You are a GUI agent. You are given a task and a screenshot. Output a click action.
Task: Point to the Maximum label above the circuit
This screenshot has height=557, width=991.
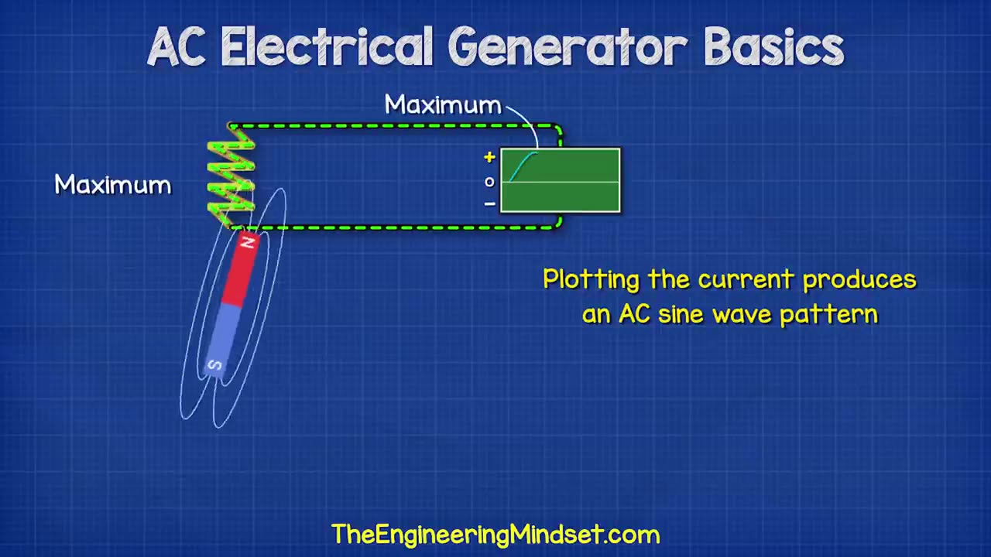[443, 105]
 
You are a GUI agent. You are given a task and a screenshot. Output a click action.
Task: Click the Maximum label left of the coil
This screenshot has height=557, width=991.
[113, 185]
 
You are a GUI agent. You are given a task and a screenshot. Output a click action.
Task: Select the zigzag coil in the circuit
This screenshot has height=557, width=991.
[231, 176]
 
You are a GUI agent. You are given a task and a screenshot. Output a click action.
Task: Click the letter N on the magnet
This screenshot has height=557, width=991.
[248, 243]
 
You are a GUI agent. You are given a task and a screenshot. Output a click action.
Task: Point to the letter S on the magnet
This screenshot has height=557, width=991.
[214, 366]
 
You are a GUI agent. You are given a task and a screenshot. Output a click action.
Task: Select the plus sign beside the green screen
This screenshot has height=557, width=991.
[489, 158]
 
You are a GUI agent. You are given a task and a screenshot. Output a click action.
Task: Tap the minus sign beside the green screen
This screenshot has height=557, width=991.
[489, 204]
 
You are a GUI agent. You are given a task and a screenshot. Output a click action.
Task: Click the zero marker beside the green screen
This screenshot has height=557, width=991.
[489, 182]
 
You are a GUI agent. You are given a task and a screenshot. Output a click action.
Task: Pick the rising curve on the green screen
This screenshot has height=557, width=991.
[521, 165]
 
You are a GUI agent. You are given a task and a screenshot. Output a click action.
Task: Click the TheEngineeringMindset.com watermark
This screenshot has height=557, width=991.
[495, 534]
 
